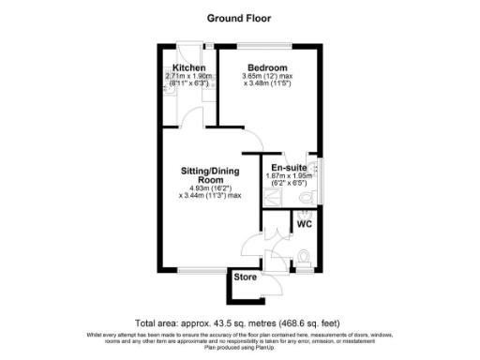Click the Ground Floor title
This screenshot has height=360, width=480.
tap(239, 18)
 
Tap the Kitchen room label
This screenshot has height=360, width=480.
tap(187, 67)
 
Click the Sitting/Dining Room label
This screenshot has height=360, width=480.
tap(209, 175)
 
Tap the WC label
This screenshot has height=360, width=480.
tap(304, 224)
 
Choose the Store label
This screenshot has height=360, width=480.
tap(246, 277)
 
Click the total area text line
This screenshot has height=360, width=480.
tap(240, 321)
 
